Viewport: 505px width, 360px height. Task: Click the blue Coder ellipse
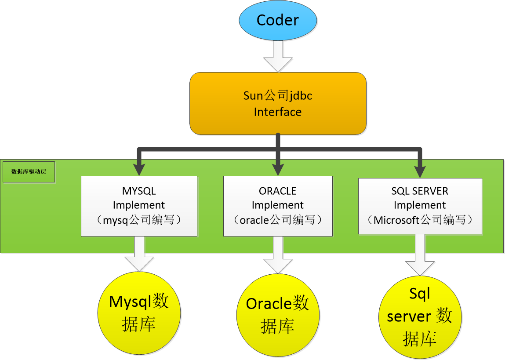click(277, 21)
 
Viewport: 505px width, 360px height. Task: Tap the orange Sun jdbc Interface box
click(277, 103)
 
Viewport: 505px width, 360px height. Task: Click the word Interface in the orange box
click(277, 112)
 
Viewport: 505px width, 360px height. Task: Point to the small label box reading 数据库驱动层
click(29, 172)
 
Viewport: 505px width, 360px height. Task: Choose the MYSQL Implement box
click(139, 206)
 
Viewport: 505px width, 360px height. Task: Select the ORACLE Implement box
click(277, 206)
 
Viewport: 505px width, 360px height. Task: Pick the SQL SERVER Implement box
click(420, 206)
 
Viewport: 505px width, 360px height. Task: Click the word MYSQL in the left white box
click(139, 191)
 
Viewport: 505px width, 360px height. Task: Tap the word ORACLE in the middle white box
click(277, 191)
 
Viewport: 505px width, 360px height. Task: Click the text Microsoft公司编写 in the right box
click(420, 220)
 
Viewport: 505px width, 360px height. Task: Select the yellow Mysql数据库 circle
click(139, 313)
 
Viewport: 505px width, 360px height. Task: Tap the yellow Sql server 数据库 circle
click(420, 316)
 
